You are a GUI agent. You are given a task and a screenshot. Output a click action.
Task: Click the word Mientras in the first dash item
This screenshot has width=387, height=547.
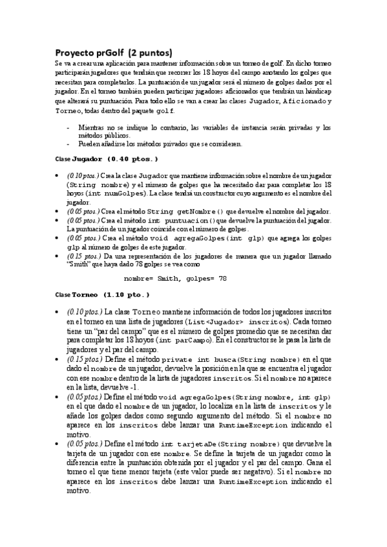[91, 128]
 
